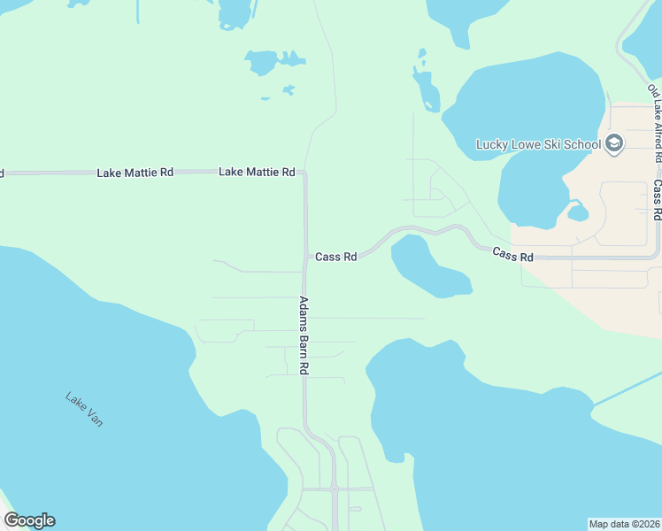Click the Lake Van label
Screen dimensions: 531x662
click(84, 410)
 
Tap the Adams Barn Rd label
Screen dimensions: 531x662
click(303, 335)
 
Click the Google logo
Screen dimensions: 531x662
click(29, 520)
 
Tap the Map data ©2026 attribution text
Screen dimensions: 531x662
click(624, 523)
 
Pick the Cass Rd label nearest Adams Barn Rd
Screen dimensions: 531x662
click(336, 257)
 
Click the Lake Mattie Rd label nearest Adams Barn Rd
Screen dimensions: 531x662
click(257, 172)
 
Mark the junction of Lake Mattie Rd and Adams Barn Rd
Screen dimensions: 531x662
click(305, 173)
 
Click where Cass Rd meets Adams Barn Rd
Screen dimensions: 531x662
click(305, 258)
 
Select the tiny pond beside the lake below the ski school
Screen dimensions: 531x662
click(578, 213)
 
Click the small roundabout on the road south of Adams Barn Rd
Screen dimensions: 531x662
click(335, 489)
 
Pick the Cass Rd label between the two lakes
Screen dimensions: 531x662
click(513, 256)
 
